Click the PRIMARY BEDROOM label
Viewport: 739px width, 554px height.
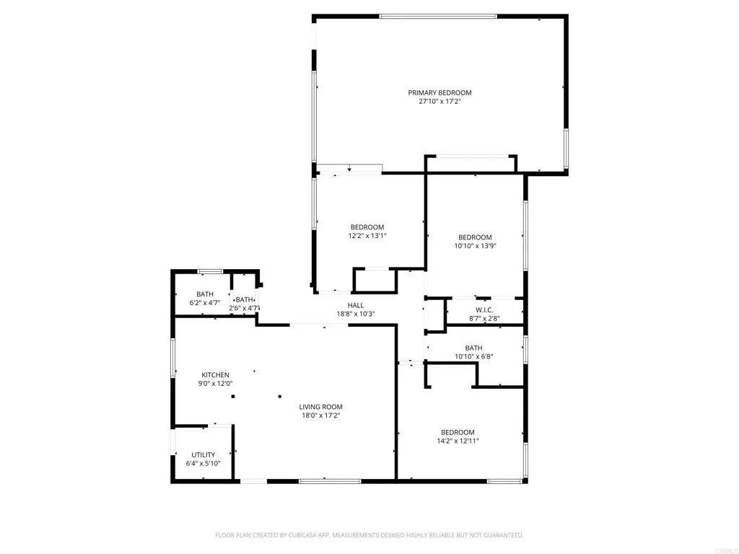tap(440, 92)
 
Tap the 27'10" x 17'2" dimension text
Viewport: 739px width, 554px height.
tap(440, 102)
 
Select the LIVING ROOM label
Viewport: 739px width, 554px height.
tap(320, 407)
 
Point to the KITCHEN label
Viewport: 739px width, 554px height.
tap(215, 375)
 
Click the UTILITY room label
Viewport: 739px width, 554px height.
tap(203, 454)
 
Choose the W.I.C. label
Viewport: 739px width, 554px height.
tap(484, 309)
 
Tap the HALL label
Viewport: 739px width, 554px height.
tap(356, 305)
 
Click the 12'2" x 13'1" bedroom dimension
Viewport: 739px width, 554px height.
tap(367, 236)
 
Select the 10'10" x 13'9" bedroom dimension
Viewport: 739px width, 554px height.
tap(475, 246)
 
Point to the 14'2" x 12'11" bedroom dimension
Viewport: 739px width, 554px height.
tap(458, 441)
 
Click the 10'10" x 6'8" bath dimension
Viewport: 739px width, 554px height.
tap(473, 356)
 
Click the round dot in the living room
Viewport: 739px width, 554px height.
tap(280, 396)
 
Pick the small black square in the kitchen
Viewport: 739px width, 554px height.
tap(232, 396)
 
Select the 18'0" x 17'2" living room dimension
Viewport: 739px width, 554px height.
tap(320, 415)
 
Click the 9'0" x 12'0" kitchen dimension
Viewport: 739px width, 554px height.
tap(215, 384)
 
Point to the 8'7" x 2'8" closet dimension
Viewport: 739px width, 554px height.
tap(484, 318)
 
